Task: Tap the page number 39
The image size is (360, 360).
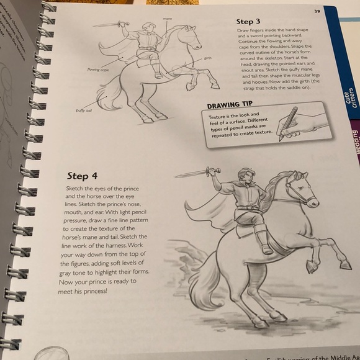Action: point(317,11)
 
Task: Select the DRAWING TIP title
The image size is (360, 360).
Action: point(231,106)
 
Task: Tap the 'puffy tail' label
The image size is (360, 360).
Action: point(84,110)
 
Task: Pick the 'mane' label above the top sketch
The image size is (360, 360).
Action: point(167,19)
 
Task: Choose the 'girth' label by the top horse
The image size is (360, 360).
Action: point(207,58)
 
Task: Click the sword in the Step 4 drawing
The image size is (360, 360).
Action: point(194,173)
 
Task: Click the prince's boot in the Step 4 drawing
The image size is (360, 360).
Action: point(264,243)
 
